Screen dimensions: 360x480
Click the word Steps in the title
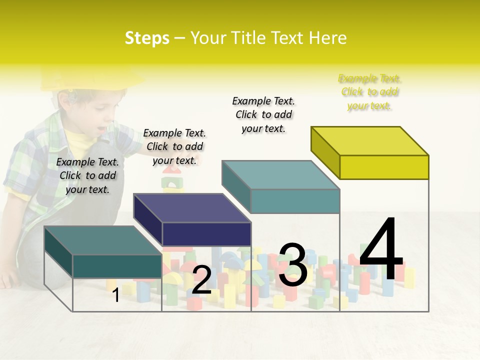click(147, 38)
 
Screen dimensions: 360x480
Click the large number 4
click(381, 250)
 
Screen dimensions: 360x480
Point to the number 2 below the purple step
click(201, 280)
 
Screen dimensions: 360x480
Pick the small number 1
click(115, 295)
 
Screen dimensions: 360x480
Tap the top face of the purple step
click(192, 208)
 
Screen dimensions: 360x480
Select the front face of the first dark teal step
click(117, 266)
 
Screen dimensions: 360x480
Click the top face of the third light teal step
click(281, 175)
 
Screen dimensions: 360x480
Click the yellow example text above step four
click(369, 92)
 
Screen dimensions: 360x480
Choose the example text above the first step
click(87, 175)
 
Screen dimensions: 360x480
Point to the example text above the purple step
click(174, 146)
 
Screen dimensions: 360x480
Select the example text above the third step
click(263, 114)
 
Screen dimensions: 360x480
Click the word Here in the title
click(328, 38)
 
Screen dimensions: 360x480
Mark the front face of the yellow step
click(384, 167)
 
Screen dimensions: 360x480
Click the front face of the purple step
click(206, 234)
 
